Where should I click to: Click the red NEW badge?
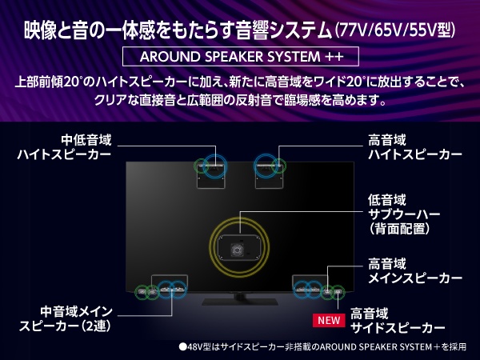tap(329, 320)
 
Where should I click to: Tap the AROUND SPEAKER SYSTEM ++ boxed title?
tap(241, 57)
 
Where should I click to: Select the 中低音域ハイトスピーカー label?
tap(64, 147)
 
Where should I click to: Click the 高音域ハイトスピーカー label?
tap(415, 147)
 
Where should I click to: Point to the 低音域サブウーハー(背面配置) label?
tap(404, 214)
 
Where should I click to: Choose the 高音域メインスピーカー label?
tap(415, 271)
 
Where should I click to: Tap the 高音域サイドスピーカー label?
tap(398, 321)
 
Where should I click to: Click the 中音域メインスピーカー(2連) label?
tap(66, 319)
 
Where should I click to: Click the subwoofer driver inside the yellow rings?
tap(237, 250)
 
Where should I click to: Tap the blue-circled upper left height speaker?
tap(215, 167)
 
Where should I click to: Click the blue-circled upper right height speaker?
tap(266, 167)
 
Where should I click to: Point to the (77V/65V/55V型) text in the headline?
tap(395, 30)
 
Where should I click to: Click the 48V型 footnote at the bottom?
tap(322, 347)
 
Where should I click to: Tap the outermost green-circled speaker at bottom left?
tap(142, 291)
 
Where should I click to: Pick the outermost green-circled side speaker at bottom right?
tap(338, 292)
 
